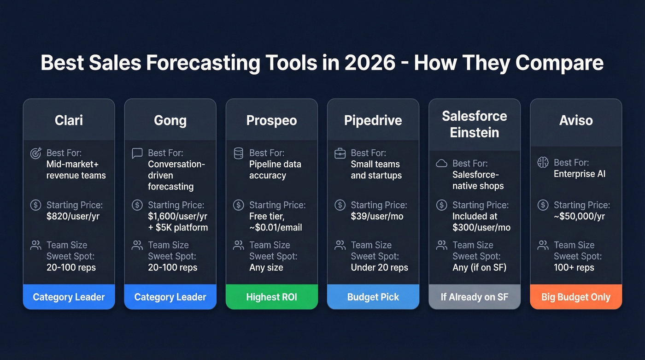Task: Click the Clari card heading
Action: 69,120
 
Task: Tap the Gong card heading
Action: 170,120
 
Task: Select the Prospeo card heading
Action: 271,120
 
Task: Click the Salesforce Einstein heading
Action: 474,124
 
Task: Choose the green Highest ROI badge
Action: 271,297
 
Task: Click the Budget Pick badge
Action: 373,297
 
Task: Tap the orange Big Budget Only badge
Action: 575,297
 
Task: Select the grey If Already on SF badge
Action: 474,297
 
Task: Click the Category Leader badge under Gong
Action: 170,297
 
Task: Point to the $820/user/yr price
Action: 73,216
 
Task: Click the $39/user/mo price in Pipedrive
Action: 377,216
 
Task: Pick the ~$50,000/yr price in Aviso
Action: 579,216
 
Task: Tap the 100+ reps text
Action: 574,267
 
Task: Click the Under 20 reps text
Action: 379,267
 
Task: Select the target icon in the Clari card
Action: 35,153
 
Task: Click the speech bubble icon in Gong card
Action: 137,153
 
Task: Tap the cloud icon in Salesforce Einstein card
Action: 441,163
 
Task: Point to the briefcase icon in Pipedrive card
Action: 340,153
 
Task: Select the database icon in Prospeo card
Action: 238,153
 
